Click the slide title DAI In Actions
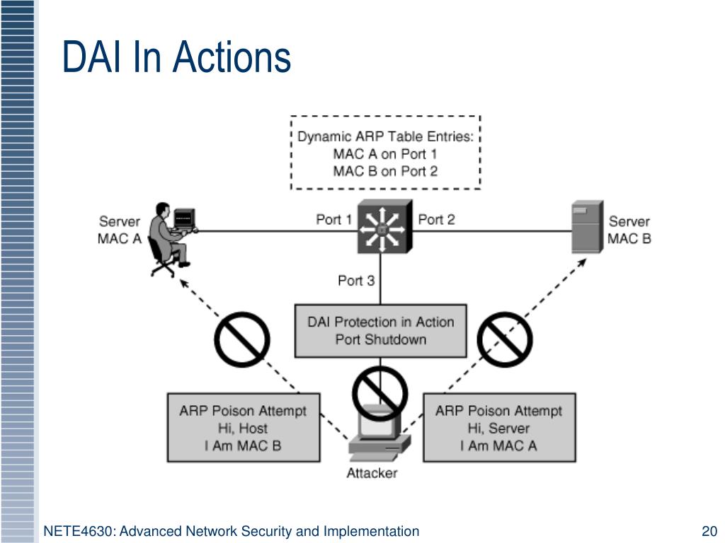click(176, 57)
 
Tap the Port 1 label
click(334, 219)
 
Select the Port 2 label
click(436, 219)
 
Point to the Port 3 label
click(356, 281)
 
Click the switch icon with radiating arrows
click(384, 226)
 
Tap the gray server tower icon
click(587, 227)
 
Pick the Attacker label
click(372, 473)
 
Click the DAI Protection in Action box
click(380, 331)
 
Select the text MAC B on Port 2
click(385, 171)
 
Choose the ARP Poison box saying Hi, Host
click(244, 428)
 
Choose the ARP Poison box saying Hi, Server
click(499, 428)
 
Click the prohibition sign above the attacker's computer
click(380, 394)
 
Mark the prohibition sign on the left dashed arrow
click(242, 339)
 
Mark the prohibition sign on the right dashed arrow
click(505, 339)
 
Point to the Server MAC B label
click(629, 230)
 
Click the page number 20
click(709, 531)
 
